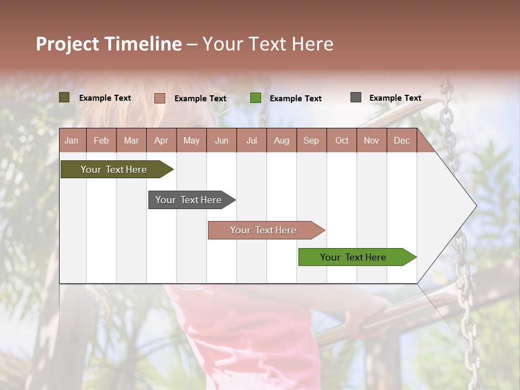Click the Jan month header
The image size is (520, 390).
click(x=72, y=140)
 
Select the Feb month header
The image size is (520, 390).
click(x=101, y=140)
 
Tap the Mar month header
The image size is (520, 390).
click(x=131, y=140)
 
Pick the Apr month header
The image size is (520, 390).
click(x=161, y=140)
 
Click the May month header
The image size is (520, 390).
click(x=191, y=140)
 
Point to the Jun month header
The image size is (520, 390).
click(x=222, y=140)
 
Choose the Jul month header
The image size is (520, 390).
click(x=251, y=140)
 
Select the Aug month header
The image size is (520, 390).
click(x=282, y=140)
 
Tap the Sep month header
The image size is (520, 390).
click(x=311, y=140)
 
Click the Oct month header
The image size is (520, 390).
click(x=342, y=140)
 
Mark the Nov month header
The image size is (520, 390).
click(x=372, y=140)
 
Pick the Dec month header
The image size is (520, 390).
click(x=402, y=140)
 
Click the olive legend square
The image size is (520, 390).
click(x=64, y=97)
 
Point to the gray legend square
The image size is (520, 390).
click(x=356, y=97)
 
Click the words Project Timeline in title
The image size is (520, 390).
click(x=109, y=44)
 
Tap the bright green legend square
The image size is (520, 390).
click(x=256, y=98)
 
